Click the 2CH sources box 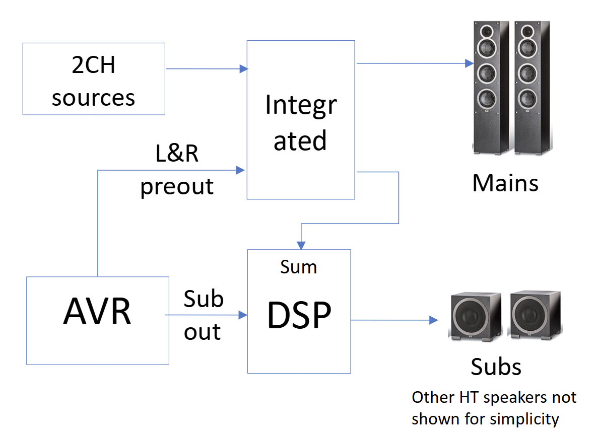point(94,79)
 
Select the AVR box point(97,320)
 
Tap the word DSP point(299,316)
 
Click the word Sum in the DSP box point(298,267)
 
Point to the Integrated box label point(301,122)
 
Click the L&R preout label point(177,170)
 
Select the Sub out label point(203,315)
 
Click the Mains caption point(505,183)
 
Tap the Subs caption point(496,367)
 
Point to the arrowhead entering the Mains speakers point(469,63)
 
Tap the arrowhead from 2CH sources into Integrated point(244,68)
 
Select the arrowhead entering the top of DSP point(301,245)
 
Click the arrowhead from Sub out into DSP point(243,315)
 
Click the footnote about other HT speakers point(494,408)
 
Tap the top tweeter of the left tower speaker point(488,31)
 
